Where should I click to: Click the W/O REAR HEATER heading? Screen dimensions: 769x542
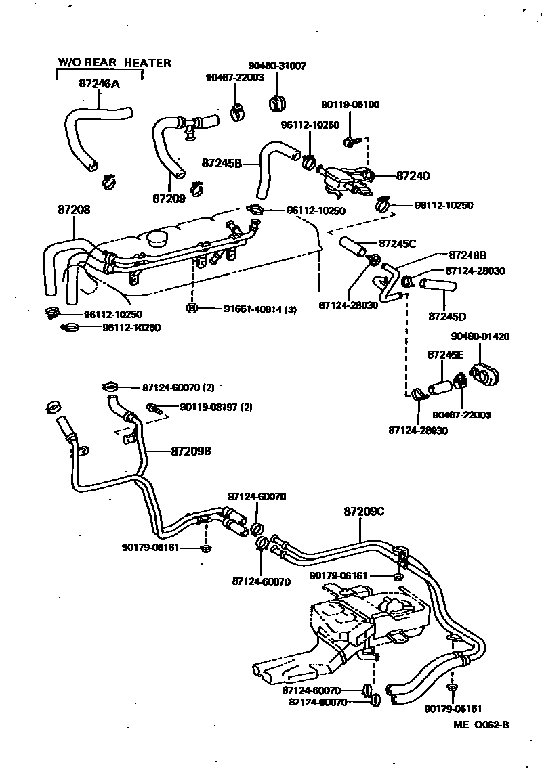point(114,63)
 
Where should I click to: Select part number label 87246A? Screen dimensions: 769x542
point(100,85)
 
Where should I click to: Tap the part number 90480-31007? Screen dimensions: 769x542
point(277,66)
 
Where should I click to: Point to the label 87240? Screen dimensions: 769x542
point(413,175)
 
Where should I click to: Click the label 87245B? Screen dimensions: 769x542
point(222,163)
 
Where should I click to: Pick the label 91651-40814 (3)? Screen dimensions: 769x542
point(259,309)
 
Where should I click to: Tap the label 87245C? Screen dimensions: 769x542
point(397,242)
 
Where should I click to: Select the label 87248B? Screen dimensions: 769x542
point(467,255)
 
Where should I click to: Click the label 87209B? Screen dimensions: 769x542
point(191,451)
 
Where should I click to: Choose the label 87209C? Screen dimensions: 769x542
point(364,512)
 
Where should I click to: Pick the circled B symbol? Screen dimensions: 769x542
point(192,309)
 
